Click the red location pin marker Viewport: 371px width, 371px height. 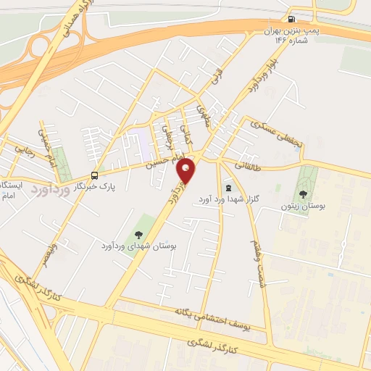[x=186, y=171]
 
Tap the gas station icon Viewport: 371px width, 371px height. [x=291, y=20]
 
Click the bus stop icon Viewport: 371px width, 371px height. [x=95, y=175]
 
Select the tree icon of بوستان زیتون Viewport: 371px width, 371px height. [x=302, y=193]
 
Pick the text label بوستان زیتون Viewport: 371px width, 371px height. [x=303, y=207]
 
